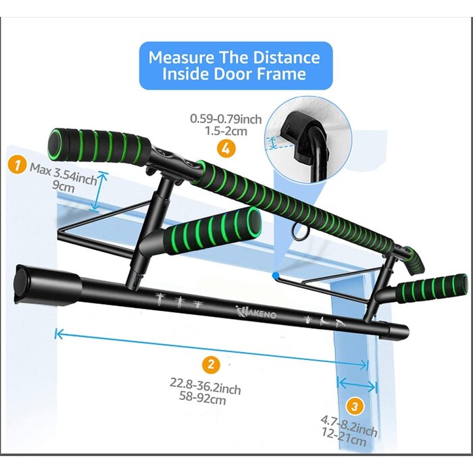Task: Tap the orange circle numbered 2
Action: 211,366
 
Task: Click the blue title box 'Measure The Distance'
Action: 234,66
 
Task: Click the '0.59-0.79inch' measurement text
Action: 226,119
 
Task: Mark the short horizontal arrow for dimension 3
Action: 357,384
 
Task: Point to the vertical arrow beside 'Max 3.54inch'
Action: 101,191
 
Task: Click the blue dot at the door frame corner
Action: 274,274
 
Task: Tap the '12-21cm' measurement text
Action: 349,439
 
